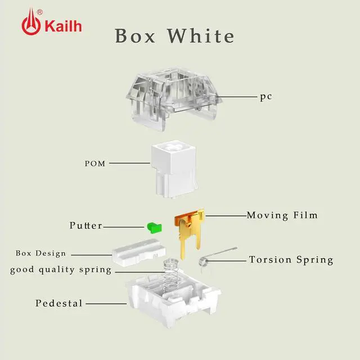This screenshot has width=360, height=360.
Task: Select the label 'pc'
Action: tap(266, 96)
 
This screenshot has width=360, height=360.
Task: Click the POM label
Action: tap(94, 164)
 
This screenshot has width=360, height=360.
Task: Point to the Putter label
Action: tap(86, 226)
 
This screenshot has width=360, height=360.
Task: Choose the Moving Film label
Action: tap(282, 215)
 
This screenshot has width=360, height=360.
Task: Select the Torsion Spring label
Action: tap(291, 260)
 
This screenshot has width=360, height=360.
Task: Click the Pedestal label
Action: tap(59, 303)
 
